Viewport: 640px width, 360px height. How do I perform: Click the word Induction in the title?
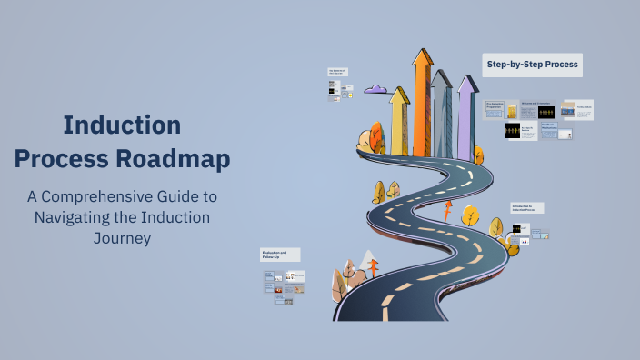(x=122, y=125)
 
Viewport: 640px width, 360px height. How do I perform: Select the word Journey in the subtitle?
(x=122, y=239)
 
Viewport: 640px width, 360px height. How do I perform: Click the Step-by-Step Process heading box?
(x=532, y=65)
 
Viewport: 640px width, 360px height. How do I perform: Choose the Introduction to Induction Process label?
(x=526, y=208)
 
